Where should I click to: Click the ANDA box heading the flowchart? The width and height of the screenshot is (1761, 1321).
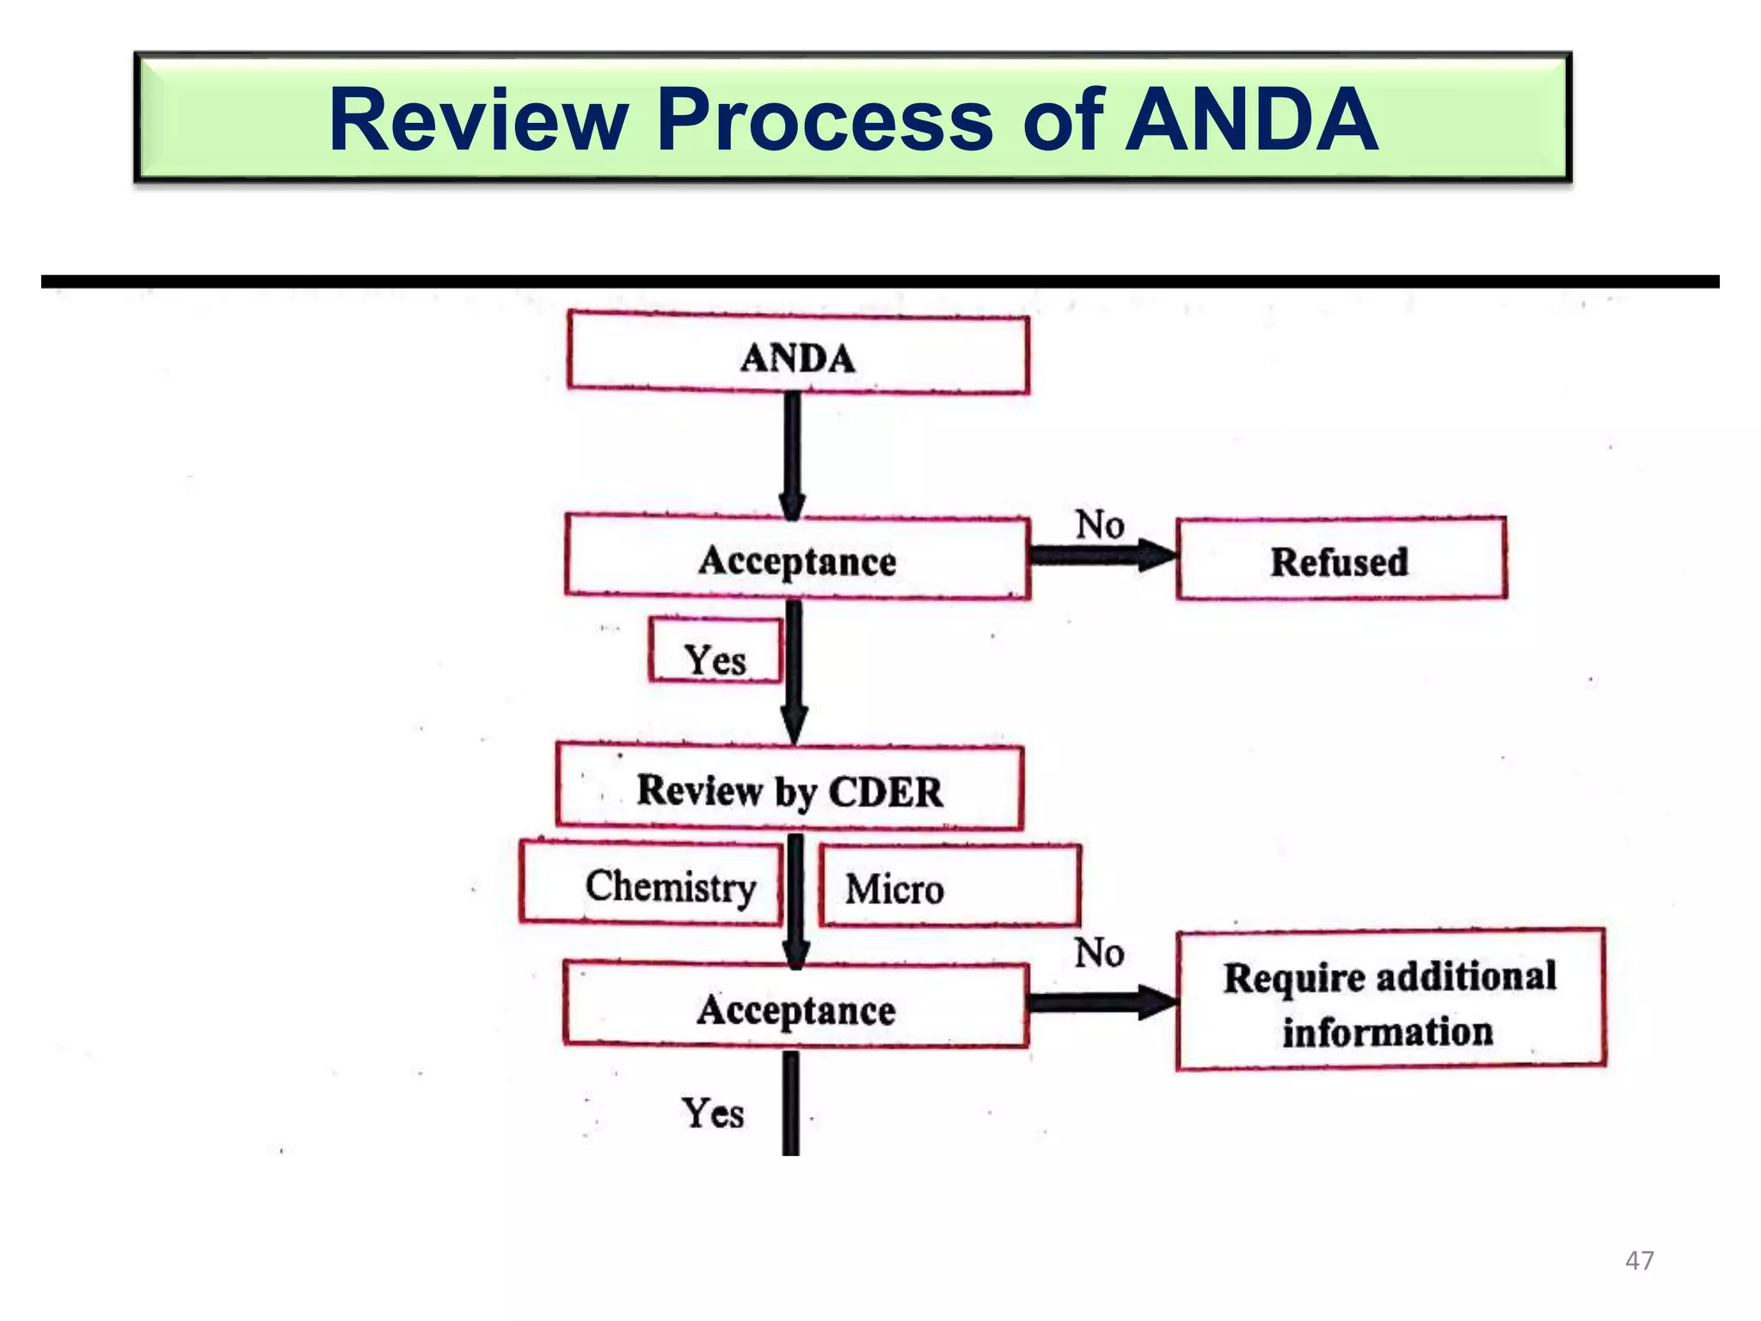797,355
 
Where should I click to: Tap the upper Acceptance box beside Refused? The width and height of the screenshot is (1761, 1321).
797,559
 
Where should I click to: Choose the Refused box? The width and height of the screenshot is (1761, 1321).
1340,561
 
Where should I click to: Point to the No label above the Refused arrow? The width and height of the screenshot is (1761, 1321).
1099,524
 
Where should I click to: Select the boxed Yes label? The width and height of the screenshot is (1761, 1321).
715,658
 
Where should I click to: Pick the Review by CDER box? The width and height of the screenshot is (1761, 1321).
788,790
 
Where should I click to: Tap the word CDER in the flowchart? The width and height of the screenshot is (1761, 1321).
886,791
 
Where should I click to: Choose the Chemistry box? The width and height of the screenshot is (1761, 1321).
652,885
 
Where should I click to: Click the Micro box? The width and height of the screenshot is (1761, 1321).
948,887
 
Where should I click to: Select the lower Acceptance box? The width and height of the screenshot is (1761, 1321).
795,1008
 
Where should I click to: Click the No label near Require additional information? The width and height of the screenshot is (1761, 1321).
1098,952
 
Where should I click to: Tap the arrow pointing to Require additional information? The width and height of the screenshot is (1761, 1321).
1102,1002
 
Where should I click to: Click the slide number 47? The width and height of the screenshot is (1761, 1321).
1639,1260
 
